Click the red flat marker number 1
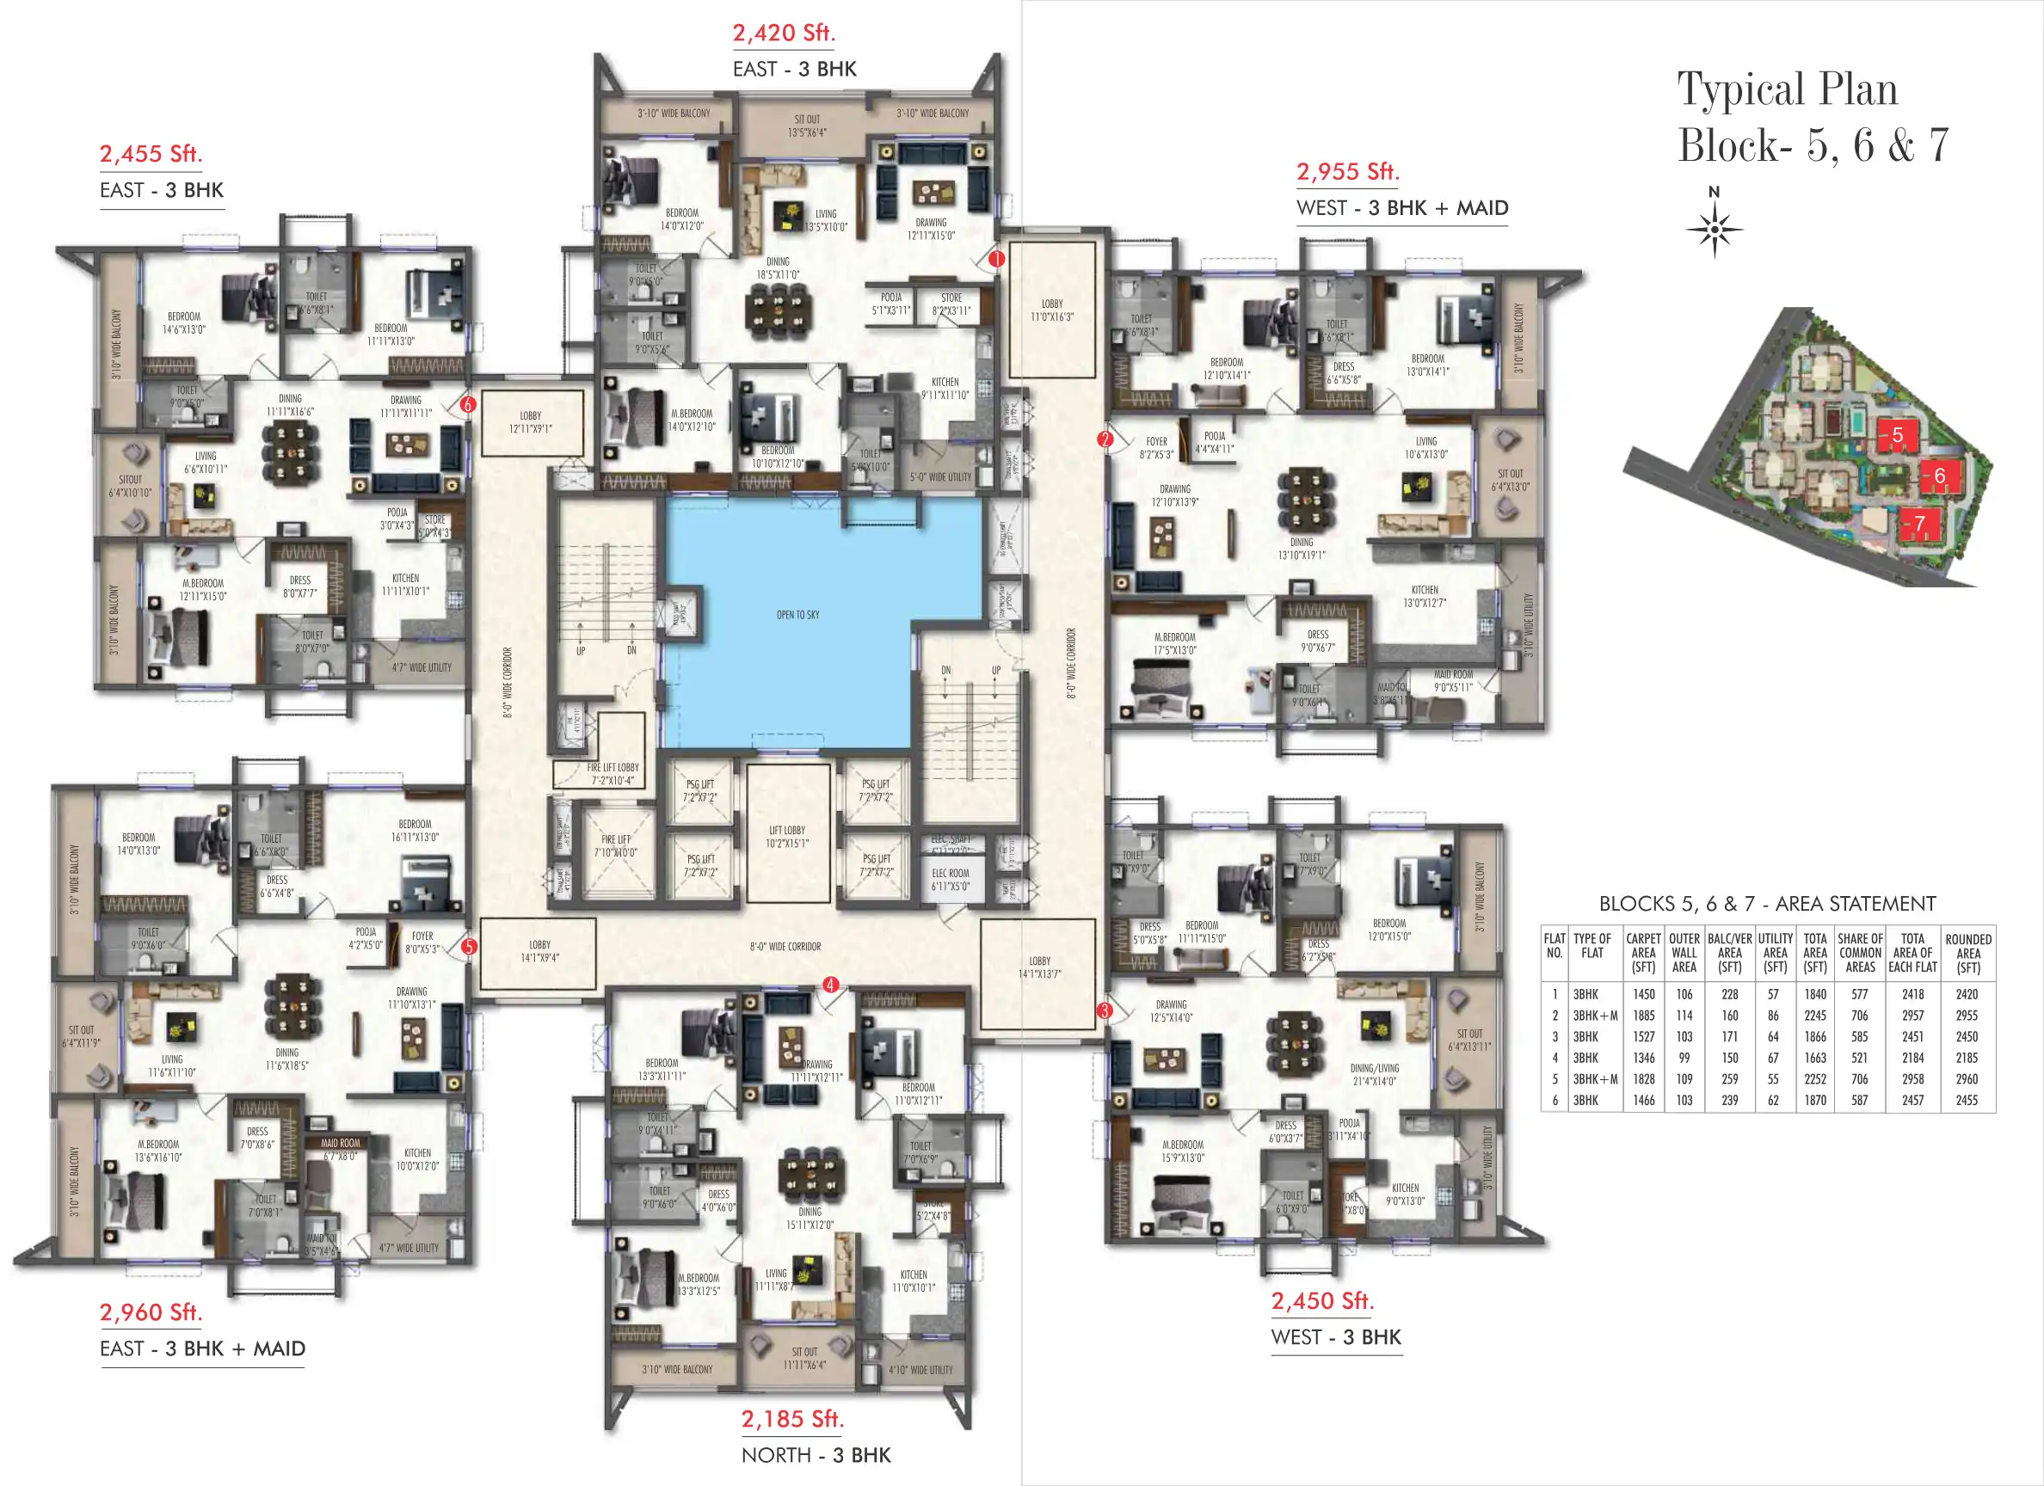point(996,260)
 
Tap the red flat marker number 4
point(830,985)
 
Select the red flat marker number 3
point(1105,1011)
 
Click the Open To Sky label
point(797,616)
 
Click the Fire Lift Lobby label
point(613,773)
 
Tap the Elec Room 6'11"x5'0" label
point(951,880)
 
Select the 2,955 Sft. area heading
point(1347,171)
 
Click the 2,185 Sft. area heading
point(792,1418)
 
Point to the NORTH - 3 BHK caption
point(816,1455)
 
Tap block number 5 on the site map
point(1897,435)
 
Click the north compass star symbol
point(1715,230)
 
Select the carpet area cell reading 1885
point(1644,1016)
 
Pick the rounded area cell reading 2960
point(1967,1078)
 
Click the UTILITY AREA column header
point(1775,953)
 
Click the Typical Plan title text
point(1787,90)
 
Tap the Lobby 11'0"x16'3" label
point(1052,310)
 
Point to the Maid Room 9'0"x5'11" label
point(1454,681)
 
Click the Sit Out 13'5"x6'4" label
point(807,126)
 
